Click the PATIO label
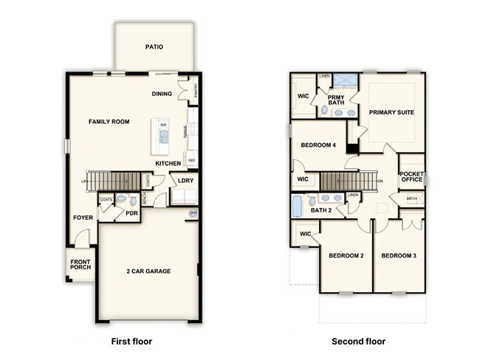[154, 47]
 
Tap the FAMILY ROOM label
[109, 121]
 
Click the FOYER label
[83, 218]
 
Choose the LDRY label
[185, 179]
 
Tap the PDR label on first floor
[131, 214]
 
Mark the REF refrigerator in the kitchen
[191, 159]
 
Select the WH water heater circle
[193, 213]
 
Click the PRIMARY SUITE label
[391, 112]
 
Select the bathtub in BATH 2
[298, 206]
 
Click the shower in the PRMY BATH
[343, 80]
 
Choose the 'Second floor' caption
[359, 342]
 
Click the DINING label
[162, 94]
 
